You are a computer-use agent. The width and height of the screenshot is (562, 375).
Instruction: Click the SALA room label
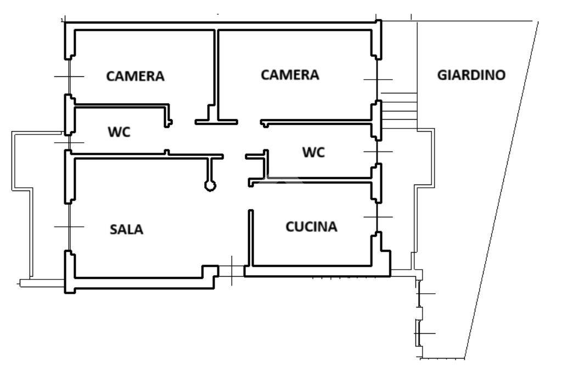click(127, 230)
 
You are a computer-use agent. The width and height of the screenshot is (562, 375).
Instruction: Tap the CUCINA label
click(312, 226)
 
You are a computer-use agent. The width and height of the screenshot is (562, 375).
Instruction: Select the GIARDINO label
click(471, 75)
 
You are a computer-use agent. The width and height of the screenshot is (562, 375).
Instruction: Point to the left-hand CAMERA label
click(135, 76)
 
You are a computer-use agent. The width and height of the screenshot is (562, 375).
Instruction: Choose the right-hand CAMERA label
click(290, 75)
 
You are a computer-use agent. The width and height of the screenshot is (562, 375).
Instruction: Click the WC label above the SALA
click(119, 132)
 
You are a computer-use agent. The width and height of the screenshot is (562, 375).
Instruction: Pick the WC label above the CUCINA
click(313, 153)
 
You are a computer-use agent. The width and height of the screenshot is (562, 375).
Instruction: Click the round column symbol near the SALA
click(210, 186)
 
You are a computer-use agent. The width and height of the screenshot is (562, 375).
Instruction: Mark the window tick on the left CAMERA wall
click(69, 76)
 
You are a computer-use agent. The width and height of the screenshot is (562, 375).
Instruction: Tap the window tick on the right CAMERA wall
click(378, 80)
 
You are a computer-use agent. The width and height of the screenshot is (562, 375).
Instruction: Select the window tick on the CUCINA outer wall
click(378, 217)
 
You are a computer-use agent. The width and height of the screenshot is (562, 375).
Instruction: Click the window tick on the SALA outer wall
click(69, 226)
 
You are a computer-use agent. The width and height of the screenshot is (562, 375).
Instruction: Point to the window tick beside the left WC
click(69, 143)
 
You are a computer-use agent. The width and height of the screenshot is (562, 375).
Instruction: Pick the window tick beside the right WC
click(378, 151)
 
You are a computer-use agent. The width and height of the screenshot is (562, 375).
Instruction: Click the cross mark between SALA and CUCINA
click(232, 270)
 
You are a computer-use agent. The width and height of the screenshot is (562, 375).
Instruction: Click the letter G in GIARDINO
click(442, 75)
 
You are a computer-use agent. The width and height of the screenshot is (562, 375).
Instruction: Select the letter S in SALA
click(114, 230)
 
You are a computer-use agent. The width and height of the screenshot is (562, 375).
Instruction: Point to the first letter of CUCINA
click(290, 226)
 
